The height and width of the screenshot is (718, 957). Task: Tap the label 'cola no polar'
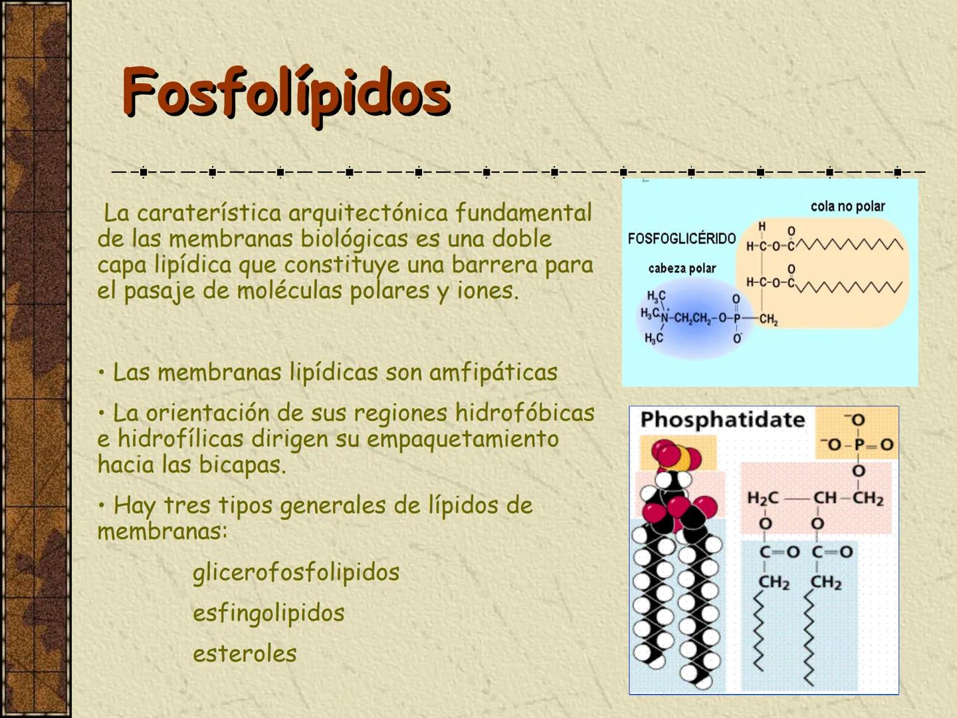click(847, 206)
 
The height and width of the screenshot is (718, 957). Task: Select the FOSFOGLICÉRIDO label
click(681, 238)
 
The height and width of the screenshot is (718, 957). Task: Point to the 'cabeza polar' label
click(682, 269)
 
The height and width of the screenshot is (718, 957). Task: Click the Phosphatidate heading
click(722, 419)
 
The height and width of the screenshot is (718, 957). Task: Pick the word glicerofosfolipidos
click(296, 572)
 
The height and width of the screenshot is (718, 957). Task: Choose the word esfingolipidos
click(268, 613)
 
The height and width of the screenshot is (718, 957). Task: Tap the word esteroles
click(245, 654)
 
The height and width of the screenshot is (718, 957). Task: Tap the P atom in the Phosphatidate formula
click(857, 444)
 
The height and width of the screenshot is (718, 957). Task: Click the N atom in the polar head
click(665, 317)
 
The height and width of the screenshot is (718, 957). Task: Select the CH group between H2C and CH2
click(825, 498)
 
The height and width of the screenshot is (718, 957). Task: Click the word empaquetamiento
click(463, 439)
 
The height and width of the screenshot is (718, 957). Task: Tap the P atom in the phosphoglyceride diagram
click(736, 318)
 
